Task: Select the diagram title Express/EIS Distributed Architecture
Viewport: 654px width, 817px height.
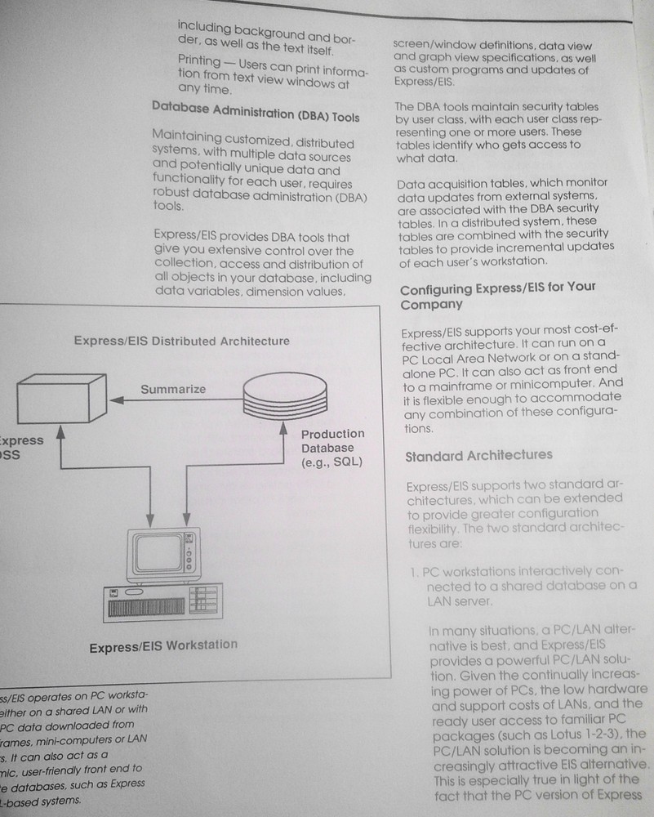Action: point(181,341)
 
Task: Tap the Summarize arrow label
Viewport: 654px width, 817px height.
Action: point(172,389)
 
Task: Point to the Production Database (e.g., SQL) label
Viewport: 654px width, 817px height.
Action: point(332,448)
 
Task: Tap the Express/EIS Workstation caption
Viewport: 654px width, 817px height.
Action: point(163,645)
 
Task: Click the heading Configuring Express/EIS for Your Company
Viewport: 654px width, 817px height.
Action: point(497,296)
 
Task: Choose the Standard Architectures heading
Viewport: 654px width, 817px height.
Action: point(478,455)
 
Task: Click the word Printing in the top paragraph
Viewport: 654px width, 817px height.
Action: point(199,61)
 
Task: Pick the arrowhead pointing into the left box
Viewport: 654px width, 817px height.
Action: point(116,399)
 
